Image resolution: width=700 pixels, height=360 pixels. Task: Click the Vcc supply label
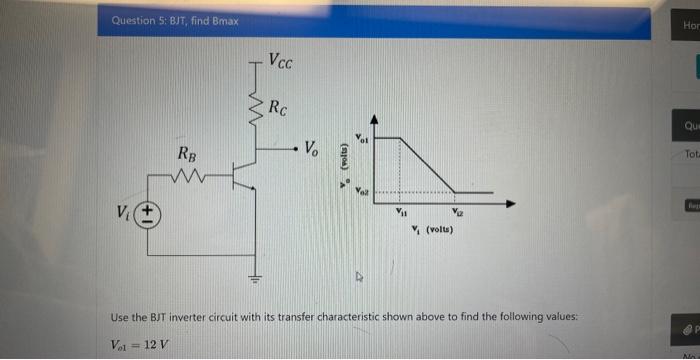click(x=281, y=61)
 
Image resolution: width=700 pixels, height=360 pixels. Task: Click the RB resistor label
click(x=187, y=155)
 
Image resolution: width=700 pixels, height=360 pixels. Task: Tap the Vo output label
click(x=312, y=150)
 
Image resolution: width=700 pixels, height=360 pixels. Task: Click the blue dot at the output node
click(x=293, y=150)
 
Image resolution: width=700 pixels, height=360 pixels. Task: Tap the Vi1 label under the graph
click(x=403, y=212)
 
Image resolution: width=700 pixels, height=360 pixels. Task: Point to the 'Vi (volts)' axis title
click(x=432, y=231)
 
